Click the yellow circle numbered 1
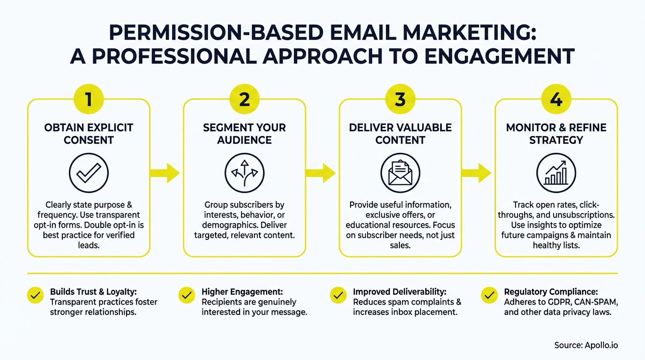pyautogui.click(x=89, y=100)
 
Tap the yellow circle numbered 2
pyautogui.click(x=244, y=100)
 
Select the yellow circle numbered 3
pyautogui.click(x=400, y=100)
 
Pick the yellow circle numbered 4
pyautogui.click(x=556, y=100)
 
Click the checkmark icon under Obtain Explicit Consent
pyautogui.click(x=89, y=173)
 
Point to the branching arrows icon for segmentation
pyautogui.click(x=244, y=173)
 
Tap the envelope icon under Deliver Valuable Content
pyautogui.click(x=400, y=173)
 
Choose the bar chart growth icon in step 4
pyautogui.click(x=556, y=173)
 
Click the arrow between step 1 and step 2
pyautogui.click(x=165, y=173)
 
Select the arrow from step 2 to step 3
pyautogui.click(x=321, y=173)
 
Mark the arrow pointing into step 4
pyautogui.click(x=477, y=173)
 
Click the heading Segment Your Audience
pyautogui.click(x=244, y=134)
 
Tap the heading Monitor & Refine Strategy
pyautogui.click(x=556, y=134)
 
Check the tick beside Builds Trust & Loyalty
pyautogui.click(x=35, y=295)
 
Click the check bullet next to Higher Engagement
pyautogui.click(x=187, y=295)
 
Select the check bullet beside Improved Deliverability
pyautogui.click(x=338, y=295)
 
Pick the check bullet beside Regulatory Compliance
pyautogui.click(x=489, y=295)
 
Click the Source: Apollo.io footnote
pyautogui.click(x=586, y=345)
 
